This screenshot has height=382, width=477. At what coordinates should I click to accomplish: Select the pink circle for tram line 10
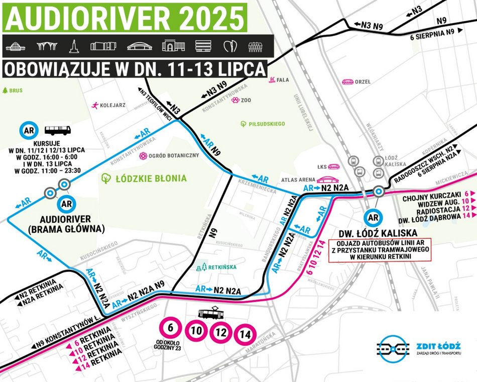(196, 332)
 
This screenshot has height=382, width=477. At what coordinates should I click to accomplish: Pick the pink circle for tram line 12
(220, 332)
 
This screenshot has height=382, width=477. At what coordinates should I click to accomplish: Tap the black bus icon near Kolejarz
(58, 131)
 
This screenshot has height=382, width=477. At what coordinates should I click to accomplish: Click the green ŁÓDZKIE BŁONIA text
(144, 178)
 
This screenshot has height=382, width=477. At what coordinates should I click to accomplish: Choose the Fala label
(279, 80)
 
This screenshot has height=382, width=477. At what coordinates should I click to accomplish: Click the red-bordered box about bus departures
(380, 249)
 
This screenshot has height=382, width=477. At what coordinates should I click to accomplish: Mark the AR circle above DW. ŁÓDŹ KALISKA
(373, 217)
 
